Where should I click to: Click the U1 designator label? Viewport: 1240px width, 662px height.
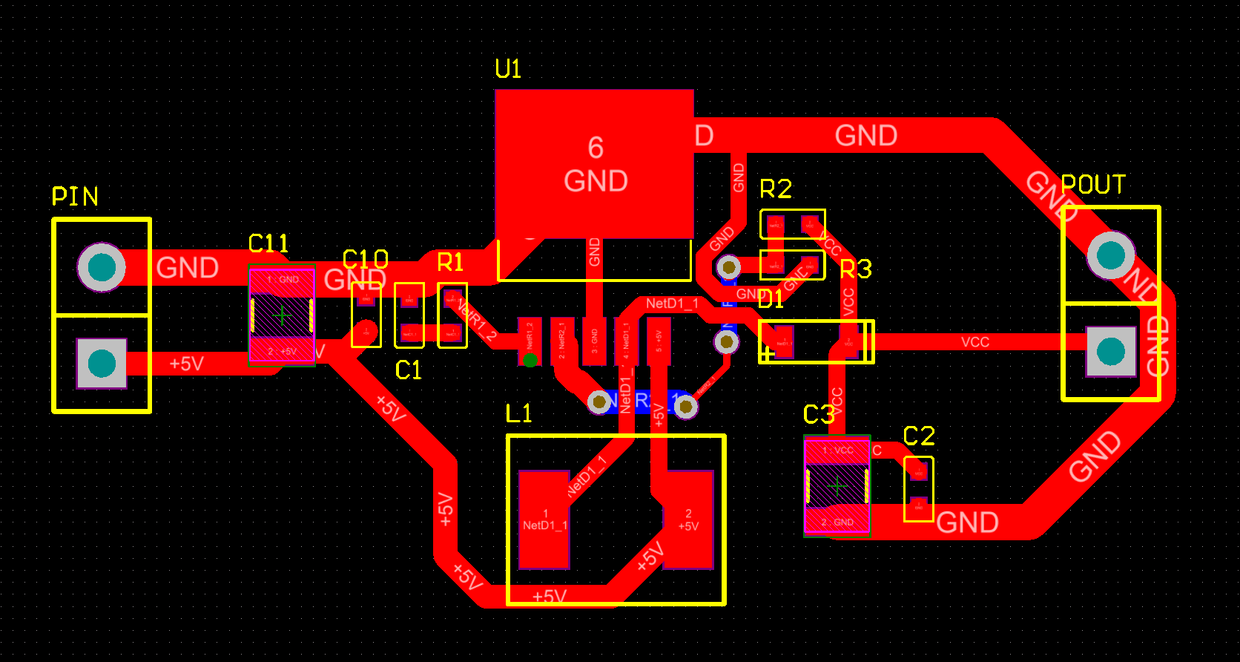(508, 69)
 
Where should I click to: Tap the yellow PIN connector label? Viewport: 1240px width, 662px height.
(75, 197)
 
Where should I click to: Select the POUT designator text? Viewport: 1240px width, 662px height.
(1093, 185)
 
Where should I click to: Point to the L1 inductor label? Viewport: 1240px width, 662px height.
(518, 413)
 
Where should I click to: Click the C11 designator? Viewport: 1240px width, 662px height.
(268, 243)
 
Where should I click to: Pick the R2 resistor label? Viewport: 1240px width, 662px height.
(776, 189)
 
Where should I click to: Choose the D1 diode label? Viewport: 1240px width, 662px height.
(771, 299)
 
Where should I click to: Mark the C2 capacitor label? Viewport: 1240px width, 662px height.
(919, 436)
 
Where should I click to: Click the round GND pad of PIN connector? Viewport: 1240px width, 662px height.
(102, 267)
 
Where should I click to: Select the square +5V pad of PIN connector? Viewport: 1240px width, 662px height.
(102, 364)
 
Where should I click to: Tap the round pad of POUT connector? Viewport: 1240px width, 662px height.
(1110, 255)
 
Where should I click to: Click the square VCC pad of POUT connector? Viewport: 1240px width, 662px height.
(1110, 351)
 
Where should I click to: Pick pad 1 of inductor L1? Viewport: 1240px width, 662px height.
(544, 519)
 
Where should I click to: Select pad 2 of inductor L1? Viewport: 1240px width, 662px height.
(688, 519)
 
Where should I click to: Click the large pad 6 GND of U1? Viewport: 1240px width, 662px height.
(595, 164)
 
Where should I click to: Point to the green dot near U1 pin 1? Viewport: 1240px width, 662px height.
(530, 361)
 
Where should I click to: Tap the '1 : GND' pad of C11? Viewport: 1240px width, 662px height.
(282, 280)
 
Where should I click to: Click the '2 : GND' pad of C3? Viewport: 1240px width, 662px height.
(837, 522)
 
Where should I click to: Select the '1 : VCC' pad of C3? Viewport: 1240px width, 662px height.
(837, 450)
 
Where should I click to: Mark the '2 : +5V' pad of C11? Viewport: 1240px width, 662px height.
(282, 351)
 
